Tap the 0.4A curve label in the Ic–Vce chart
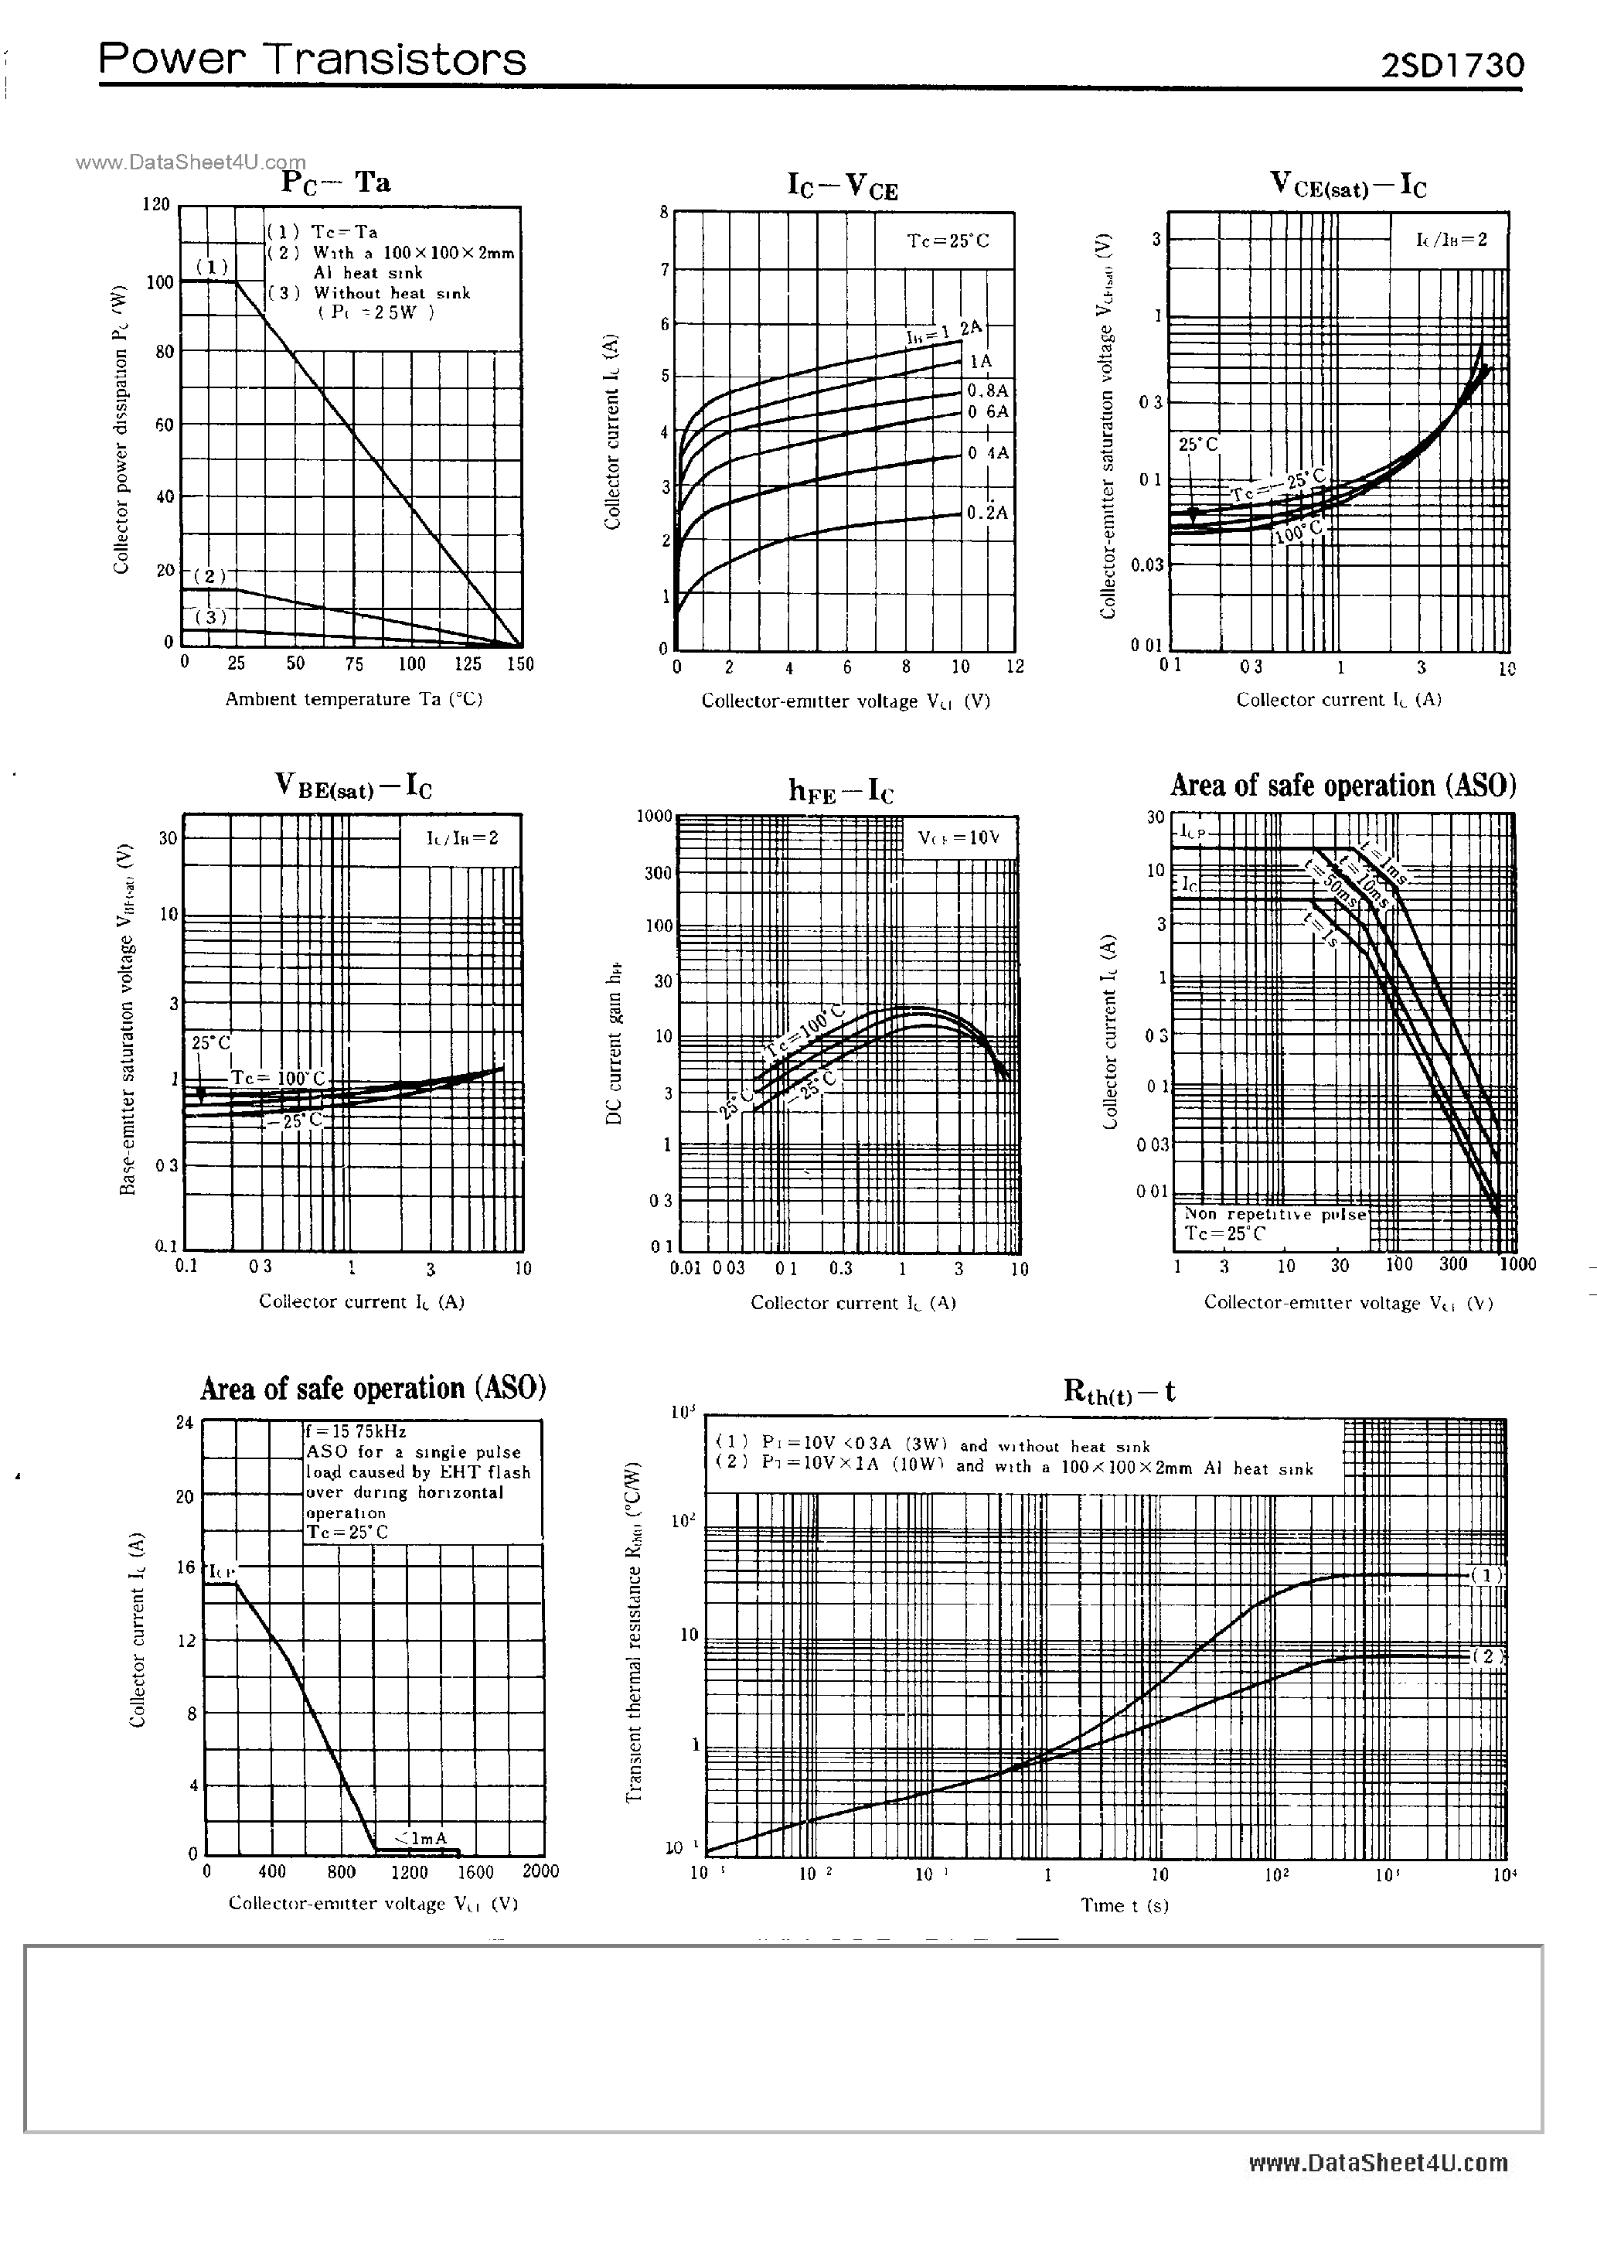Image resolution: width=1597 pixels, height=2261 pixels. [988, 453]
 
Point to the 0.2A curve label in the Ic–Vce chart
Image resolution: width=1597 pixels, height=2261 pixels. [988, 512]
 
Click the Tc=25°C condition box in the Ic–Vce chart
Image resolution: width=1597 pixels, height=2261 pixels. [947, 240]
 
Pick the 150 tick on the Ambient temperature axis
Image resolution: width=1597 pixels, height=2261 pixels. [520, 663]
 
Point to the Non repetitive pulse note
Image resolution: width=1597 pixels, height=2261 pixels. [1274, 1214]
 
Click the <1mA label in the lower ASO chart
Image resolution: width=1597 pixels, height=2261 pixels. [421, 1837]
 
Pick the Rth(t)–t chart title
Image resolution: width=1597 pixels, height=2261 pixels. [1119, 1391]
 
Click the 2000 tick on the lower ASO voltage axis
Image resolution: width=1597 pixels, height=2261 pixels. [540, 1871]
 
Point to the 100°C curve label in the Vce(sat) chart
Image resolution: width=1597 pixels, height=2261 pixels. [1298, 533]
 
